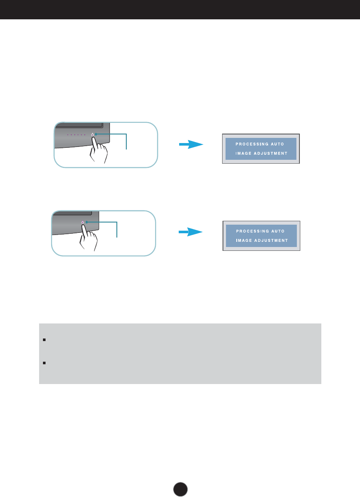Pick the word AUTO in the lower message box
tap(278, 231)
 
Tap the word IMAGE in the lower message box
tap(244, 241)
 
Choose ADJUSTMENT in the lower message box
tap(271, 241)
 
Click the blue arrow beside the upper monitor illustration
tap(191, 145)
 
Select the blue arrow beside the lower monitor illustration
tap(191, 232)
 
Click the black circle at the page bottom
tap(180, 489)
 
